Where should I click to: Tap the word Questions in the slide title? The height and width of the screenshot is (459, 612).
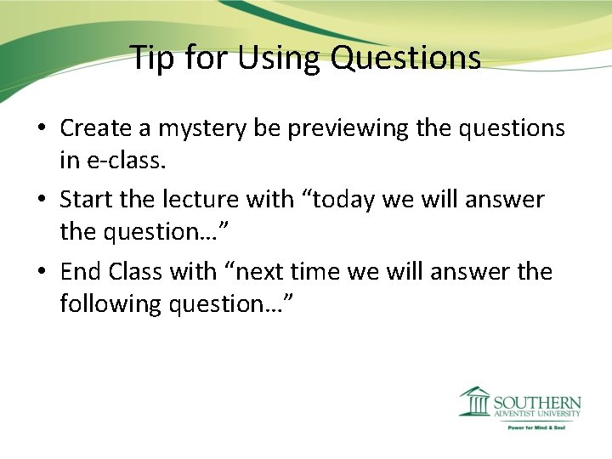(406, 58)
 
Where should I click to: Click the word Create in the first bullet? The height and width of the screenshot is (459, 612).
(94, 127)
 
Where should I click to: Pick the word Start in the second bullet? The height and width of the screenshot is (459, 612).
(86, 200)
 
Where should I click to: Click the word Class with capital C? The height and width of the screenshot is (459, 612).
(136, 272)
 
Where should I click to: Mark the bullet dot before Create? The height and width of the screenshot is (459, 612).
(41, 129)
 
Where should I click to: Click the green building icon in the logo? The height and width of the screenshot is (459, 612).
(473, 401)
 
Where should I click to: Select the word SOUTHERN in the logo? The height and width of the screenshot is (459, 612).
(537, 402)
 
